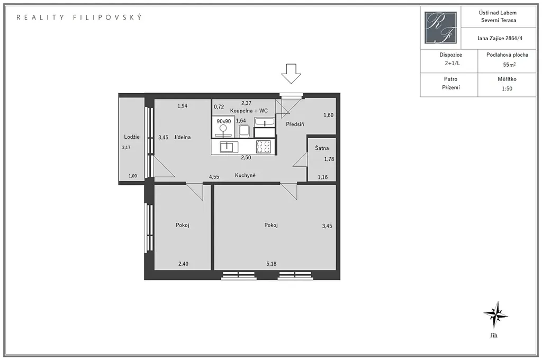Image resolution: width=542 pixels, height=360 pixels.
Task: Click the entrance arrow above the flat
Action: pos(291,74)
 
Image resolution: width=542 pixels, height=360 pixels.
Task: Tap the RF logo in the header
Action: pos(440,28)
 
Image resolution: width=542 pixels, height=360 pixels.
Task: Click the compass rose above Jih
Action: pos(495,314)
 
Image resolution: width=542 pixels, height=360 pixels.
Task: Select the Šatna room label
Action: pos(322,148)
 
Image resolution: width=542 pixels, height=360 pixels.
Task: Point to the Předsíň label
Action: pos(295,124)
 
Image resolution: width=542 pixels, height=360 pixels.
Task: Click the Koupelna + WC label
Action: pos(249,111)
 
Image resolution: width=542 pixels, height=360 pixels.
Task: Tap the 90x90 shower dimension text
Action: pos(224,121)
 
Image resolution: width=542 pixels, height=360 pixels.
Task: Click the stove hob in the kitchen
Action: pos(264,147)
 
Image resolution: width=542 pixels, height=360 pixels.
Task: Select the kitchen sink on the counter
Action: pos(229,147)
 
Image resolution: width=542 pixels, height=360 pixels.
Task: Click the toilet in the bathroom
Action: pos(244,131)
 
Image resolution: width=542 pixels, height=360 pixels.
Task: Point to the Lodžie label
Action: pos(132,137)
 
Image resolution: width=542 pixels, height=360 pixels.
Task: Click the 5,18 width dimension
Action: pos(272,264)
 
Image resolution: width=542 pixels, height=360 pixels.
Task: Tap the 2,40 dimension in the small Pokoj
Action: pos(183,264)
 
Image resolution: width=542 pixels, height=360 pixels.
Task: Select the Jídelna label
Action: pos(183,137)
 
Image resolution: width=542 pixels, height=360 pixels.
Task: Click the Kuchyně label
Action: pos(245,175)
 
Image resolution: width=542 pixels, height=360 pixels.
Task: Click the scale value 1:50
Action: pos(507,88)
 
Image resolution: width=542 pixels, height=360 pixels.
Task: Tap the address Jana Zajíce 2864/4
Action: pos(500,38)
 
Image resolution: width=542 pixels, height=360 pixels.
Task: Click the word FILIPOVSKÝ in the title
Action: pos(107,17)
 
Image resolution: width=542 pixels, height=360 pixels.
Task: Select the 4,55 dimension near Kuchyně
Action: pos(214,177)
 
